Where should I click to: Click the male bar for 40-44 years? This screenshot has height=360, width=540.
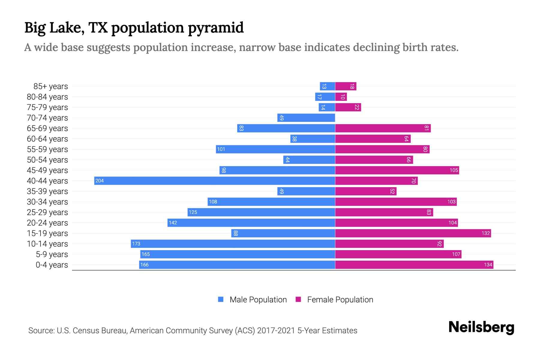(214, 181)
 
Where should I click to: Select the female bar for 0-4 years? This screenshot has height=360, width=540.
(414, 265)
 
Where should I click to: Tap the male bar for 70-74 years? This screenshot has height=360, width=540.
(306, 118)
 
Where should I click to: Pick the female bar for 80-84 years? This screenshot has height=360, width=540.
(341, 97)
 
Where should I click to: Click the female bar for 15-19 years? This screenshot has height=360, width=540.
(413, 233)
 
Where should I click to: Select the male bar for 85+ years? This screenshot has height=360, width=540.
(327, 86)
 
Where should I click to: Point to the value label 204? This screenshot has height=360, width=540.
(100, 181)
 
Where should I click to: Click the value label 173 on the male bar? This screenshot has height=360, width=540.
(136, 244)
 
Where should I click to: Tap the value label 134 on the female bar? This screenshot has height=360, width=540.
(488, 265)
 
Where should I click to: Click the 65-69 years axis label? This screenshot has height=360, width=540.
(47, 128)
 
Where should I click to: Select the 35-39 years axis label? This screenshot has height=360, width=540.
(47, 191)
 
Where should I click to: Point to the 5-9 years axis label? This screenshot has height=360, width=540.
(52, 254)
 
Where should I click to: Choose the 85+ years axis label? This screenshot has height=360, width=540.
(51, 86)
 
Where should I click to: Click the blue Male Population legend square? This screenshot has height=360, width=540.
(221, 299)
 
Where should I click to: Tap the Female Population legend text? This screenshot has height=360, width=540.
(340, 299)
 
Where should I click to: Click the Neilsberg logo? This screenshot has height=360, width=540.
(481, 327)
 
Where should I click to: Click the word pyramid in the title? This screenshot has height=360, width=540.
(216, 28)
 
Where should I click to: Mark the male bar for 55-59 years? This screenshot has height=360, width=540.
(275, 149)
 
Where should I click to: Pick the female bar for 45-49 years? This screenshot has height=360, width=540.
(397, 170)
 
